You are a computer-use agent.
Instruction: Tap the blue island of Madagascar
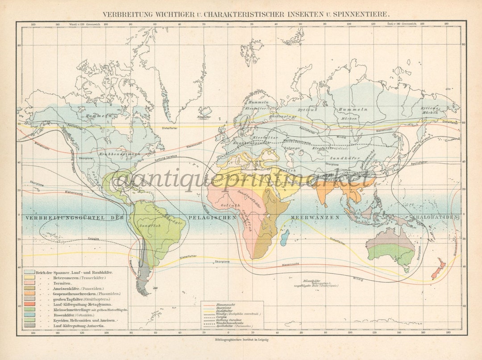pyautogui.click(x=285, y=237)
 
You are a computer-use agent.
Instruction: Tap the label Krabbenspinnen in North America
pyautogui.click(x=122, y=154)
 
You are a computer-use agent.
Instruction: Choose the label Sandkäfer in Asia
pyautogui.click(x=339, y=158)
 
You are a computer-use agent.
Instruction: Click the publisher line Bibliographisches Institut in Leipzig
pyautogui.click(x=241, y=340)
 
